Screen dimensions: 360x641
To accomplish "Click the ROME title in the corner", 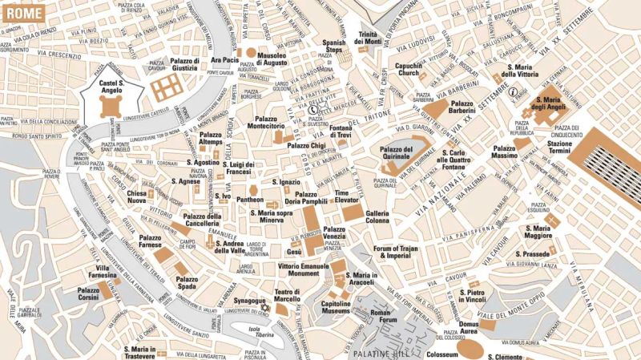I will [x=19, y=10].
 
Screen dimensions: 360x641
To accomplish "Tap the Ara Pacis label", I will [x=224, y=60].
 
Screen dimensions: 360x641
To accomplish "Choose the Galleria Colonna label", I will [x=377, y=217].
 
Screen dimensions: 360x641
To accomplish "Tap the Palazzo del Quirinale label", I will [x=397, y=154].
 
